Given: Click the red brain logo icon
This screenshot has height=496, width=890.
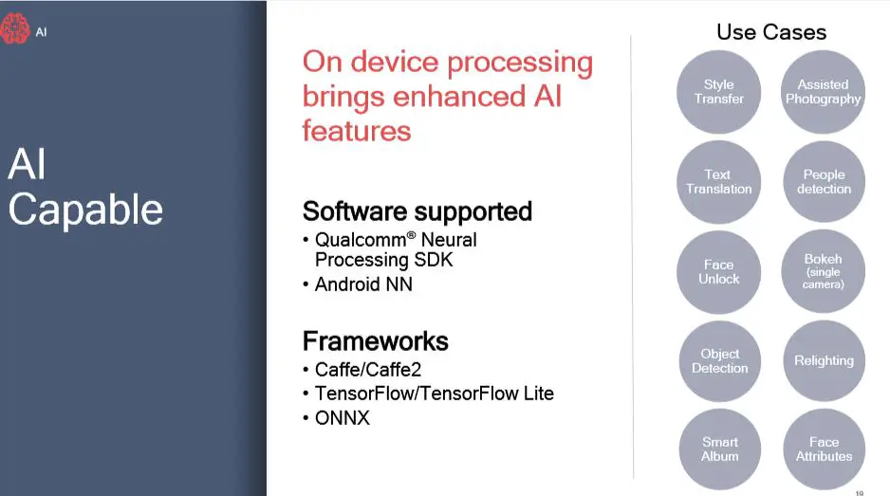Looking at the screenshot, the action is (15, 28).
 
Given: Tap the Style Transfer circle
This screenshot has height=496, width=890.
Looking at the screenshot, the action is (718, 92).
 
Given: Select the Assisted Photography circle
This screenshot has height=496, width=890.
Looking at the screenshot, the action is (823, 92).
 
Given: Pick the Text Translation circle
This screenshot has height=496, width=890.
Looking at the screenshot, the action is (718, 181).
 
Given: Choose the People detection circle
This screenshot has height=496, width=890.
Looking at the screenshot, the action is (825, 181).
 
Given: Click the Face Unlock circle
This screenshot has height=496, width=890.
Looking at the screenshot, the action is (718, 272).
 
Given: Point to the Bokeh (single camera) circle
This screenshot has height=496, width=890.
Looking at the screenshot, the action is (823, 271).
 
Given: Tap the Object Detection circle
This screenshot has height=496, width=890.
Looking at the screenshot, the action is (720, 361).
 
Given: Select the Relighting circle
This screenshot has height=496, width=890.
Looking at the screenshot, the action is (825, 361).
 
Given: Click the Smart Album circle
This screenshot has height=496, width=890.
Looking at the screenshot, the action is (720, 449).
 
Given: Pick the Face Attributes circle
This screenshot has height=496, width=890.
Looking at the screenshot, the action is (825, 449).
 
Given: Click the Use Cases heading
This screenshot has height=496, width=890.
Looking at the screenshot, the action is (771, 32).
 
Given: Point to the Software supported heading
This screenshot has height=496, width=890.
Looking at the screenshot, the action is (417, 211).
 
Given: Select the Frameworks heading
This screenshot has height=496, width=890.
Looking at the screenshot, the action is (375, 341).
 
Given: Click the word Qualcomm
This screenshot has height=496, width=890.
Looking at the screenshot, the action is (361, 240).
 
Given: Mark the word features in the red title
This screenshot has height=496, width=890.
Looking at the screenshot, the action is (357, 131).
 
